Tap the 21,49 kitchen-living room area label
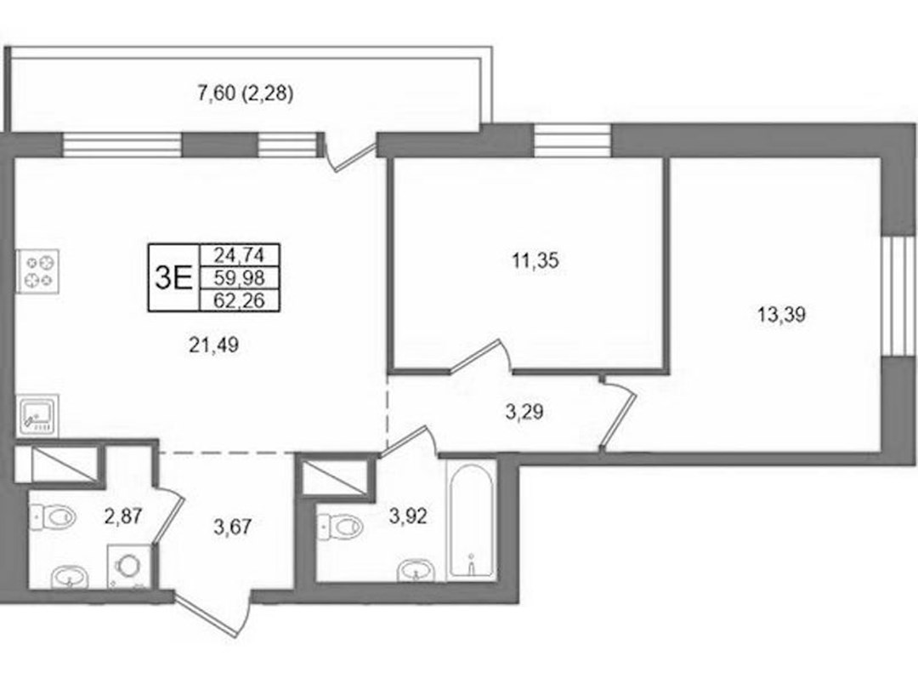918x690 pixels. tap(213, 345)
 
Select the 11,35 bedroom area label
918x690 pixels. tap(535, 260)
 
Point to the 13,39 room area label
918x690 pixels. tap(782, 315)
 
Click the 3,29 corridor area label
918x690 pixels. tap(524, 412)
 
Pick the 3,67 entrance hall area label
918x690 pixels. tap(232, 527)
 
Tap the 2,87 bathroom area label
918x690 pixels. tap(123, 516)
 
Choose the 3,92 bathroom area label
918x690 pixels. tap(408, 516)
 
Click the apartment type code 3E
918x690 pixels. tap(173, 278)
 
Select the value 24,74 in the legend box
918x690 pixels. tap(240, 255)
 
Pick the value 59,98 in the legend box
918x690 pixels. tap(240, 277)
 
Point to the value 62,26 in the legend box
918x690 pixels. tap(240, 300)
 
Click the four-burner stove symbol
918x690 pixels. tap(38, 271)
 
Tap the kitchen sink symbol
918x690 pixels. tap(37, 416)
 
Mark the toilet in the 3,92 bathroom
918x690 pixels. tap(341, 526)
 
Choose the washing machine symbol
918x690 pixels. tap(129, 567)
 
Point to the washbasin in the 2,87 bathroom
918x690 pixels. tap(70, 577)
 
